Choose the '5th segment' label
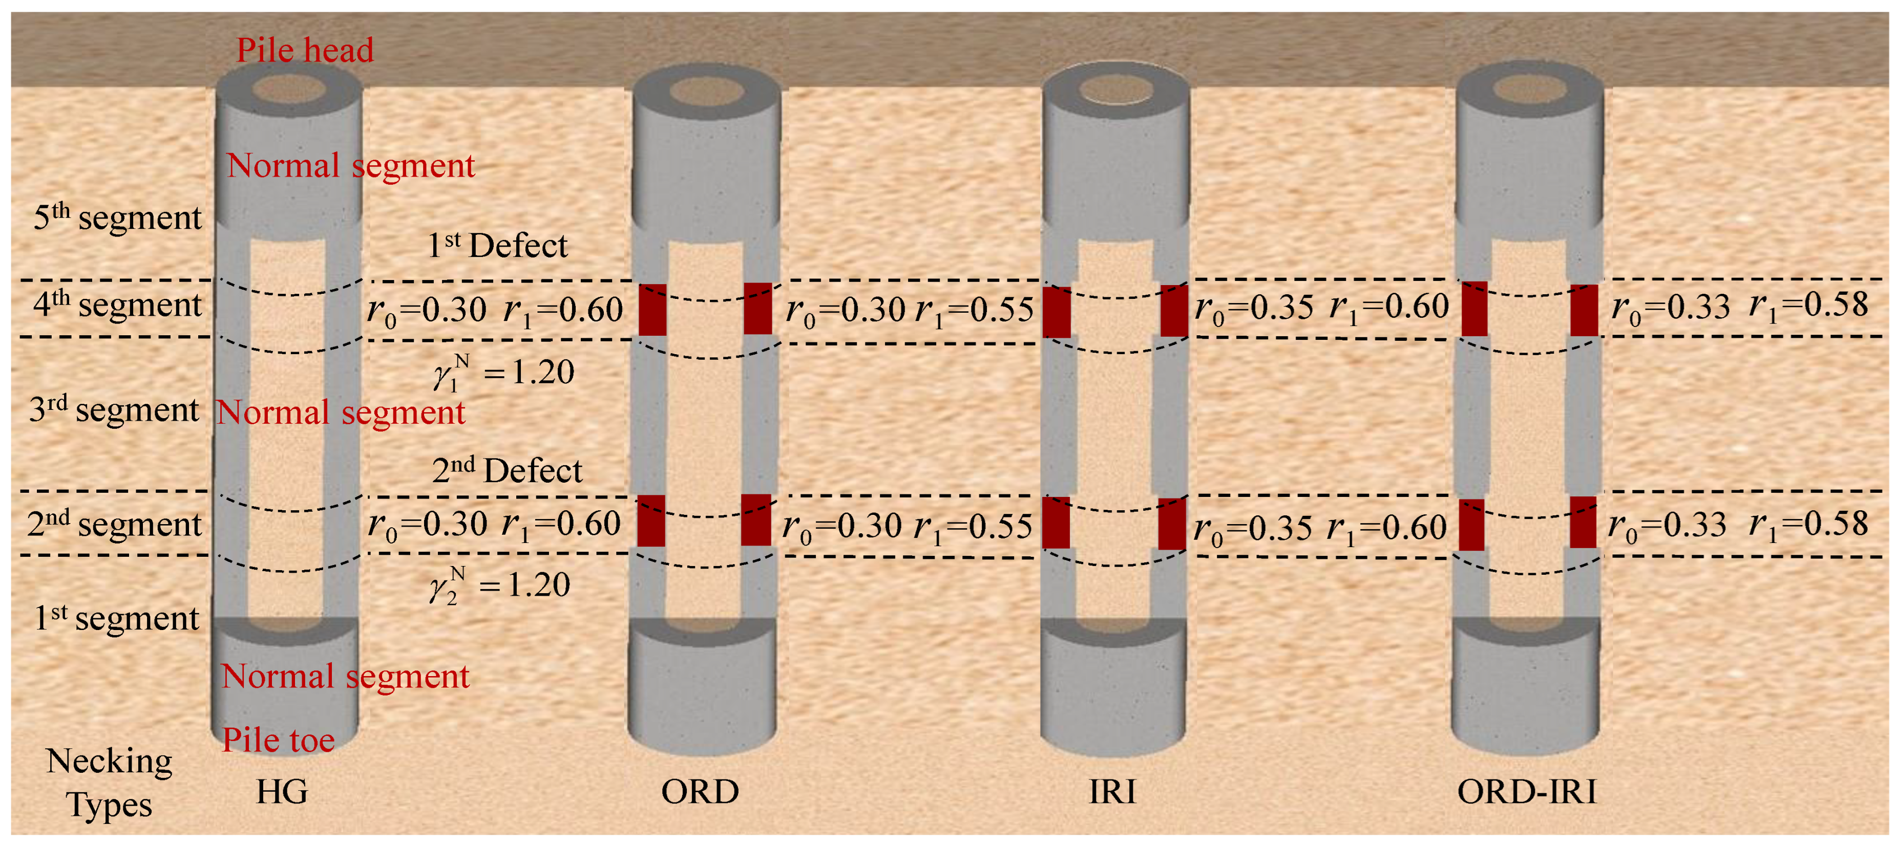(x=118, y=218)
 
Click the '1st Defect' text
(x=498, y=245)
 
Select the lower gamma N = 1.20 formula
(x=500, y=585)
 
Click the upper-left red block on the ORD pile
(x=652, y=310)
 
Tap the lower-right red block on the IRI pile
(x=1172, y=524)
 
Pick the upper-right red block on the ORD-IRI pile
(x=1584, y=310)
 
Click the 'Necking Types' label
(x=109, y=783)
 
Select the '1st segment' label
(x=116, y=618)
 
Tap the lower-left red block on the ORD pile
(x=651, y=521)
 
